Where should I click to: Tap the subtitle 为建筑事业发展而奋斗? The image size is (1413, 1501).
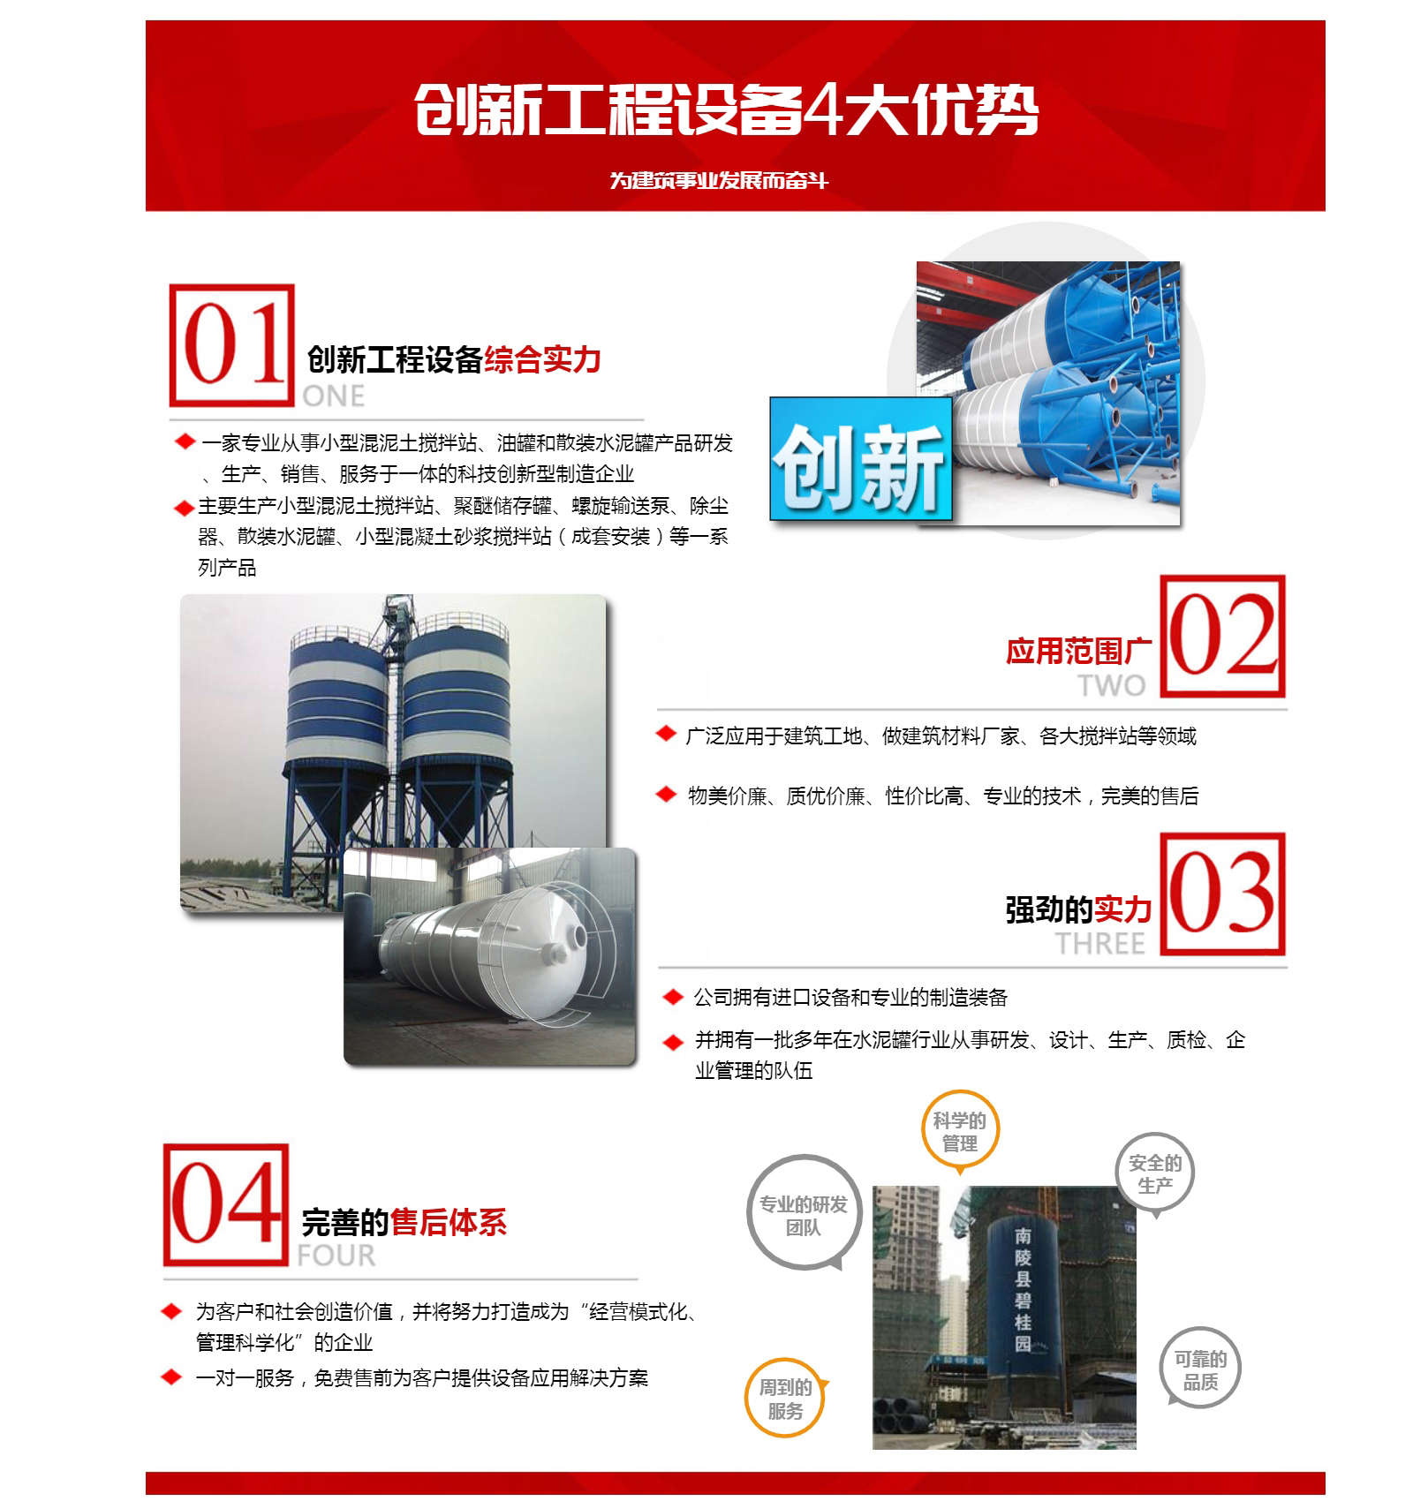click(x=719, y=180)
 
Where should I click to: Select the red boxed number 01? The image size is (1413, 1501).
click(x=232, y=345)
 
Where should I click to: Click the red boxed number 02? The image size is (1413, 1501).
click(x=1222, y=636)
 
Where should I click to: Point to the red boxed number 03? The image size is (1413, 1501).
click(x=1222, y=894)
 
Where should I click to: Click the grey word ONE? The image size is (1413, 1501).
click(x=333, y=396)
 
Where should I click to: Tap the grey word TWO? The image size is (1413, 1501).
click(x=1112, y=685)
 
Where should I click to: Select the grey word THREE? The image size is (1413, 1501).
click(x=1100, y=944)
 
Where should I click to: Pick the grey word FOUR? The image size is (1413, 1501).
click(x=336, y=1256)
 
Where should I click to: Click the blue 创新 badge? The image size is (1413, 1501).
click(x=861, y=458)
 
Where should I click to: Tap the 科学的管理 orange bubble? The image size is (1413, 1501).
click(x=960, y=1133)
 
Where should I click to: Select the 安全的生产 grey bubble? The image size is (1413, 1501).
click(x=1155, y=1174)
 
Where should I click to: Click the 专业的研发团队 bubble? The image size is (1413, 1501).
click(x=804, y=1214)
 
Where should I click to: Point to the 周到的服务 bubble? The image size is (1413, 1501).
click(x=785, y=1399)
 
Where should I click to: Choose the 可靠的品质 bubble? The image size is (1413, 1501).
click(x=1201, y=1369)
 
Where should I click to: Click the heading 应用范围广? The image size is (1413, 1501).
click(x=1078, y=651)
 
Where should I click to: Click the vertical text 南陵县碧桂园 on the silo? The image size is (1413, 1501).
click(x=1023, y=1289)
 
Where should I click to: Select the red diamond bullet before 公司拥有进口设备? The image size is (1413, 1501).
click(x=673, y=997)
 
